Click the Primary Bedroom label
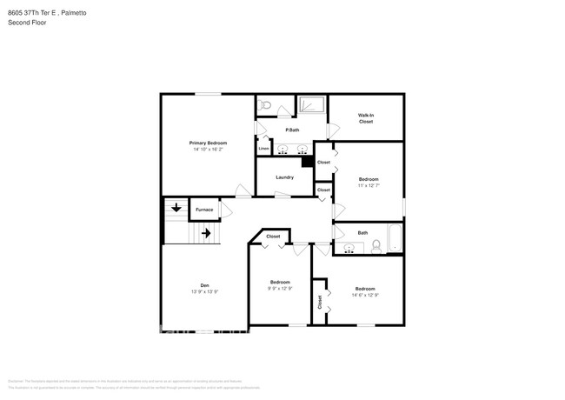[209, 143]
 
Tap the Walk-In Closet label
[366, 118]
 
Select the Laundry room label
[284, 177]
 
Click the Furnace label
[204, 210]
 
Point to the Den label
[205, 285]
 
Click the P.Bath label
[294, 130]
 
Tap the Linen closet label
[263, 149]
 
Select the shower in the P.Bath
[312, 105]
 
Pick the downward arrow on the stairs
[176, 208]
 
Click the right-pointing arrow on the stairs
[206, 233]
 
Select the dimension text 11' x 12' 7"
[369, 185]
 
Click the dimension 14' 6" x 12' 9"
[365, 295]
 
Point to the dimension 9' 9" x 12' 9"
[280, 288]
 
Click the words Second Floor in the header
[27, 23]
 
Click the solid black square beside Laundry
[306, 160]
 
